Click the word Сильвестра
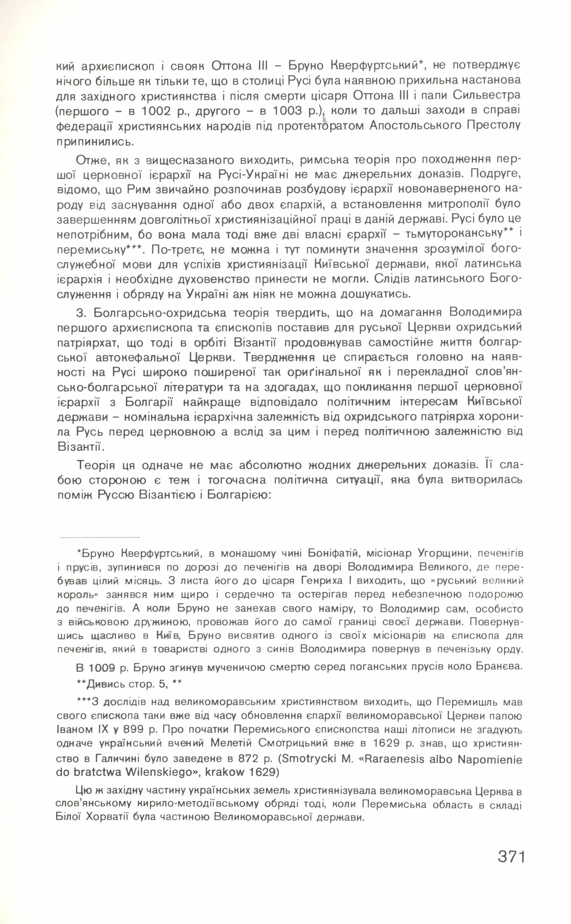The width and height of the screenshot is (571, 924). [487, 95]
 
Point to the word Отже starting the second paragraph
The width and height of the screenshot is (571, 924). [91, 160]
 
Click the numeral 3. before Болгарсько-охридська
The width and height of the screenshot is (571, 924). [80, 313]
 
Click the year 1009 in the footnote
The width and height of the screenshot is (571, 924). [102, 668]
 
